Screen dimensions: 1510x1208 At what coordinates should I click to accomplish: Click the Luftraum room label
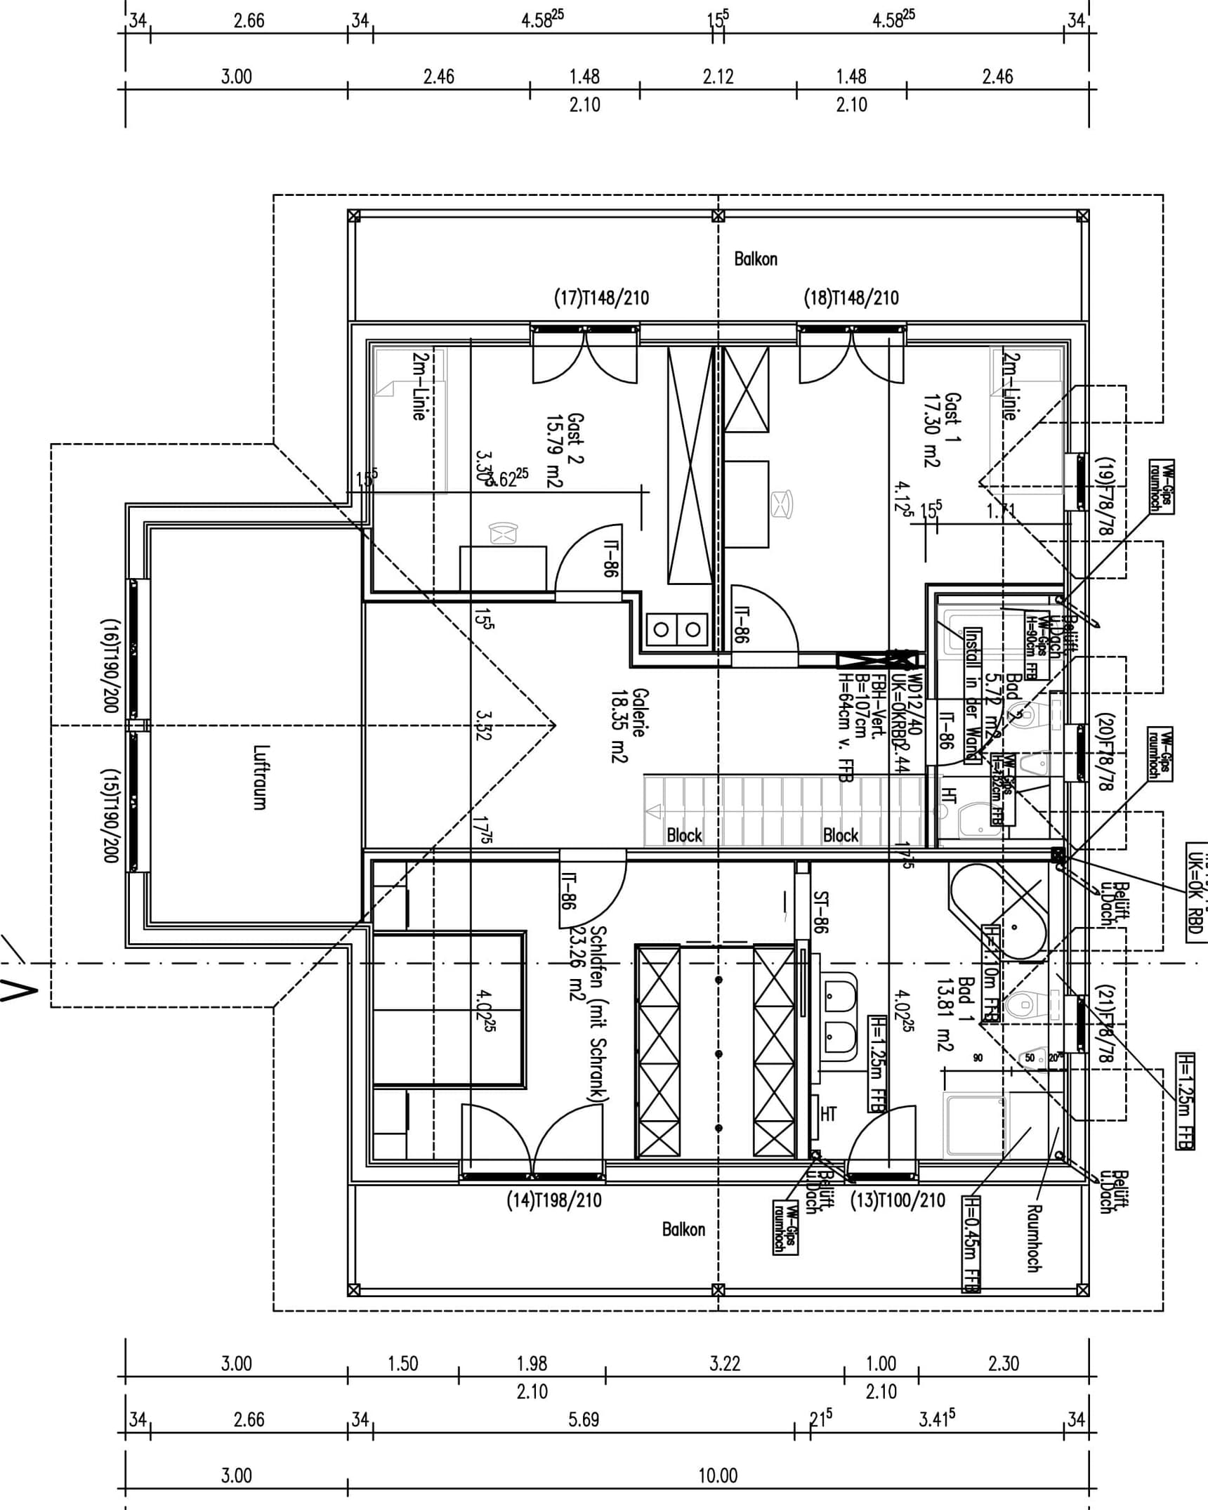pos(260,777)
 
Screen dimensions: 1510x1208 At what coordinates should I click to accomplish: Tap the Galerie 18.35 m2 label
pos(629,725)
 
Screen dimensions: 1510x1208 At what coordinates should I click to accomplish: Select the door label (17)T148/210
pos(602,298)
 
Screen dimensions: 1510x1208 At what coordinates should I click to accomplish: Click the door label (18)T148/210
pos(851,298)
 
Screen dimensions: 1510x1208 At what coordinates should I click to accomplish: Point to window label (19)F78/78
pos(1105,496)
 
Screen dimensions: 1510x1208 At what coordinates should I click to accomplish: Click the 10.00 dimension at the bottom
pos(718,1475)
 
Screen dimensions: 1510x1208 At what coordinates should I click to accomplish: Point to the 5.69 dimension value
pos(584,1419)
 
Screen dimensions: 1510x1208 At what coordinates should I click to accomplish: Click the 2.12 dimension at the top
pos(718,76)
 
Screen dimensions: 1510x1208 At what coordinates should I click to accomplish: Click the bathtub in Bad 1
pos(997,912)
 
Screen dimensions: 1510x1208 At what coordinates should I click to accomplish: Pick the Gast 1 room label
pos(943,430)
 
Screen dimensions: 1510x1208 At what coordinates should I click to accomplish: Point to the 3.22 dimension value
pos(725,1364)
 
